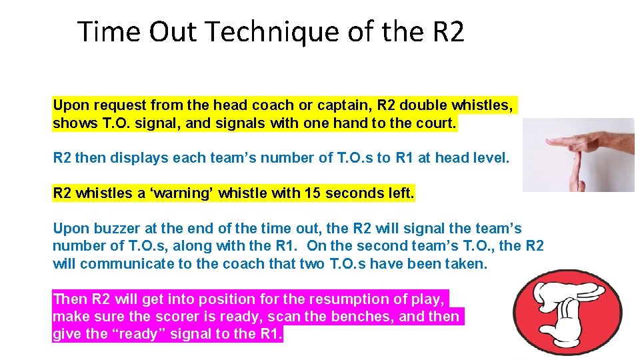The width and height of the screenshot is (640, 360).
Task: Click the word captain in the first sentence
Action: (x=345, y=105)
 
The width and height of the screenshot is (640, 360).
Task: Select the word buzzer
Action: (x=116, y=229)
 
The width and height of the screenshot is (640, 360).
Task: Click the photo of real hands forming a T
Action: (x=579, y=155)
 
